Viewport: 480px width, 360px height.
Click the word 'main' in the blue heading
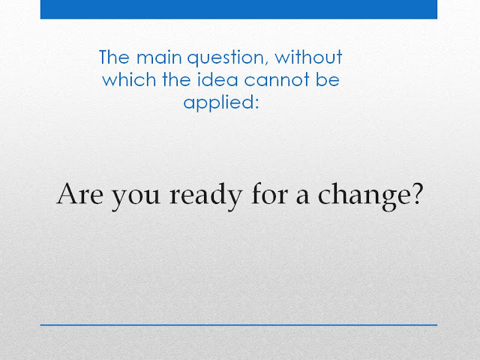[159, 57]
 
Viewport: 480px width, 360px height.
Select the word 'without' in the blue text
[308, 57]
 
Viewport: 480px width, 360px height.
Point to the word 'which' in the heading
[129, 79]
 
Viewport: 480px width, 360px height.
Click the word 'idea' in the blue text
[217, 79]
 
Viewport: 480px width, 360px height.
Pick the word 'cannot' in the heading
[277, 80]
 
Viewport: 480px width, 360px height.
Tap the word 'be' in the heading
[328, 79]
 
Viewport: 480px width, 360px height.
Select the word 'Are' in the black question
[80, 194]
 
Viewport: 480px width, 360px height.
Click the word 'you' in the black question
[135, 198]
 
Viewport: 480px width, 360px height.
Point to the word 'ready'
[206, 196]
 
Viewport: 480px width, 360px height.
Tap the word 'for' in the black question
[269, 193]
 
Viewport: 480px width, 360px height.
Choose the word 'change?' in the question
[370, 196]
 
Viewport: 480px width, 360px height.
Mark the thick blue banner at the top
[238, 9]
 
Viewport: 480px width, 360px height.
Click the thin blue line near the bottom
[238, 325]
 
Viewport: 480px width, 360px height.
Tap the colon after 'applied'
[257, 104]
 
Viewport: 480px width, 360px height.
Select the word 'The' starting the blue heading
[114, 57]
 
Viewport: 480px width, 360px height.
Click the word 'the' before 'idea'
[177, 79]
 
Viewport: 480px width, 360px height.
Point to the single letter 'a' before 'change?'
[302, 196]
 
